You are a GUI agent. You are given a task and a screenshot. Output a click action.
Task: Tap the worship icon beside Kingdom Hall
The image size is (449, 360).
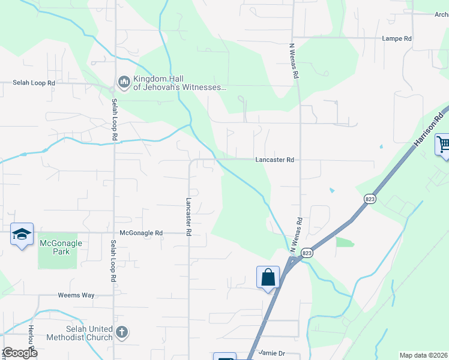tap(124, 82)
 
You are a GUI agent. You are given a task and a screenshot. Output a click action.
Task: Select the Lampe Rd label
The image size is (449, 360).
tap(397, 38)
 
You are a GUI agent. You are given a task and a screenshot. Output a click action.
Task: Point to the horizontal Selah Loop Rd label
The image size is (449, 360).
tap(34, 83)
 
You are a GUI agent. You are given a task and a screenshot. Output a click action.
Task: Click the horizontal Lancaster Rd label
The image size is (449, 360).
tap(274, 160)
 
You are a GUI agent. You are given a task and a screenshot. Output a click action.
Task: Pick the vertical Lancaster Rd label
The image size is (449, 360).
tap(188, 216)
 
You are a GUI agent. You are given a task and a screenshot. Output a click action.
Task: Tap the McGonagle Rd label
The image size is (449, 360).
tap(141, 233)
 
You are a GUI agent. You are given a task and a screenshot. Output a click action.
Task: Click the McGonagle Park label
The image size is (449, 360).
tap(61, 247)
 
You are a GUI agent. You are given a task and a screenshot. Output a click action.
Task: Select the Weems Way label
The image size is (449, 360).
tap(76, 295)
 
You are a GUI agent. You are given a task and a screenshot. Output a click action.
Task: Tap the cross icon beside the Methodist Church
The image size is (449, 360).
tap(122, 332)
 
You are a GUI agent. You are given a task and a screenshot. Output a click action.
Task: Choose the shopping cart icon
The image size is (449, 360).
tap(444, 145)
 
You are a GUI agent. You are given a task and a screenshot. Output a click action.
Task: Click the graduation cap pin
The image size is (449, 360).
tap(22, 234)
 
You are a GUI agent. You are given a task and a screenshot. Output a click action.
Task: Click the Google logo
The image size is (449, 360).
tap(20, 353)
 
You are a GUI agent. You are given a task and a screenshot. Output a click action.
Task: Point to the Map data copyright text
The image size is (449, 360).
tap(423, 355)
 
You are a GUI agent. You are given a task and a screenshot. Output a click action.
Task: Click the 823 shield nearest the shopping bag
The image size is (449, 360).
tap(307, 253)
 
